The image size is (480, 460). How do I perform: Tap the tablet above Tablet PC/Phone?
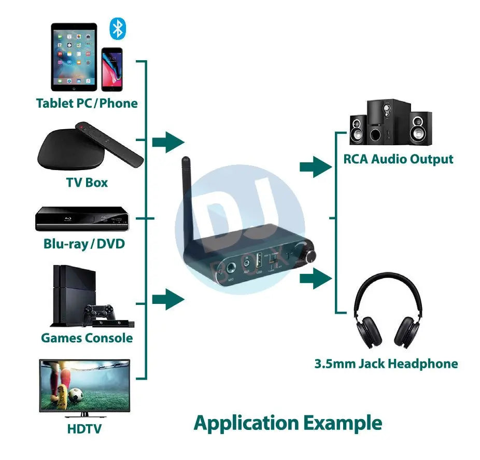(74, 57)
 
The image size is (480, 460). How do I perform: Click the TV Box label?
(87, 183)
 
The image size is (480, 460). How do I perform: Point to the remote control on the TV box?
(109, 145)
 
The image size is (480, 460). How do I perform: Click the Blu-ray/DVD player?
(81, 219)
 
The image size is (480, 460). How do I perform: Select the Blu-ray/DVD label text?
(84, 243)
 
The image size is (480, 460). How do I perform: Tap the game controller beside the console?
(100, 312)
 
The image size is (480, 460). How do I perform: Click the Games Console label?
(87, 338)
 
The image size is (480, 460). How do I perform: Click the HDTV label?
(84, 429)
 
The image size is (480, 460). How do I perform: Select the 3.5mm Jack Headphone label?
(386, 364)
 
